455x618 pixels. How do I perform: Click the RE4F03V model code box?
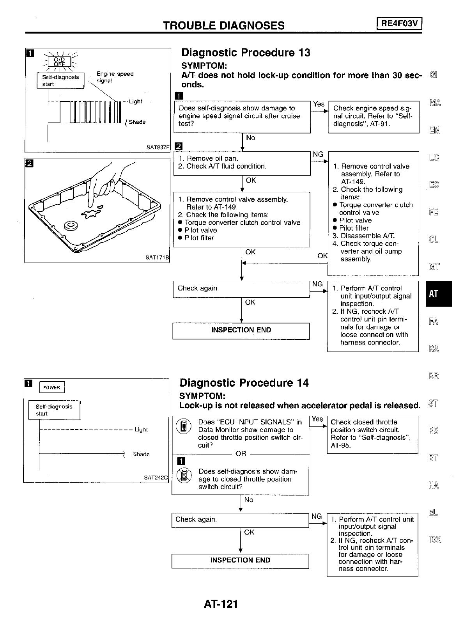point(399,24)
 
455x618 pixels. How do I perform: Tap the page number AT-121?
point(221,604)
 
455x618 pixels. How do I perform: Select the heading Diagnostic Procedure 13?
point(246,53)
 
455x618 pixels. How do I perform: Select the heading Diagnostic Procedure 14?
point(244,383)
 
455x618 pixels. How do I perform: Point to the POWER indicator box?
point(52,387)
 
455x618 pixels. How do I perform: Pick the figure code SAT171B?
point(158,257)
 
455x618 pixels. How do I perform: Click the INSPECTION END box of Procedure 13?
point(241,330)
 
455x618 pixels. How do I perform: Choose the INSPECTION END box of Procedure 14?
point(240,560)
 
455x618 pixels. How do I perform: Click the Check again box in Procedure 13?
point(241,289)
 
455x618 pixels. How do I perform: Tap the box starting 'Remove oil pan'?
point(242,163)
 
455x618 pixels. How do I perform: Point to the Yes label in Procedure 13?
point(319,104)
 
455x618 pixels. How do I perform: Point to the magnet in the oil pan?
point(71,225)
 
